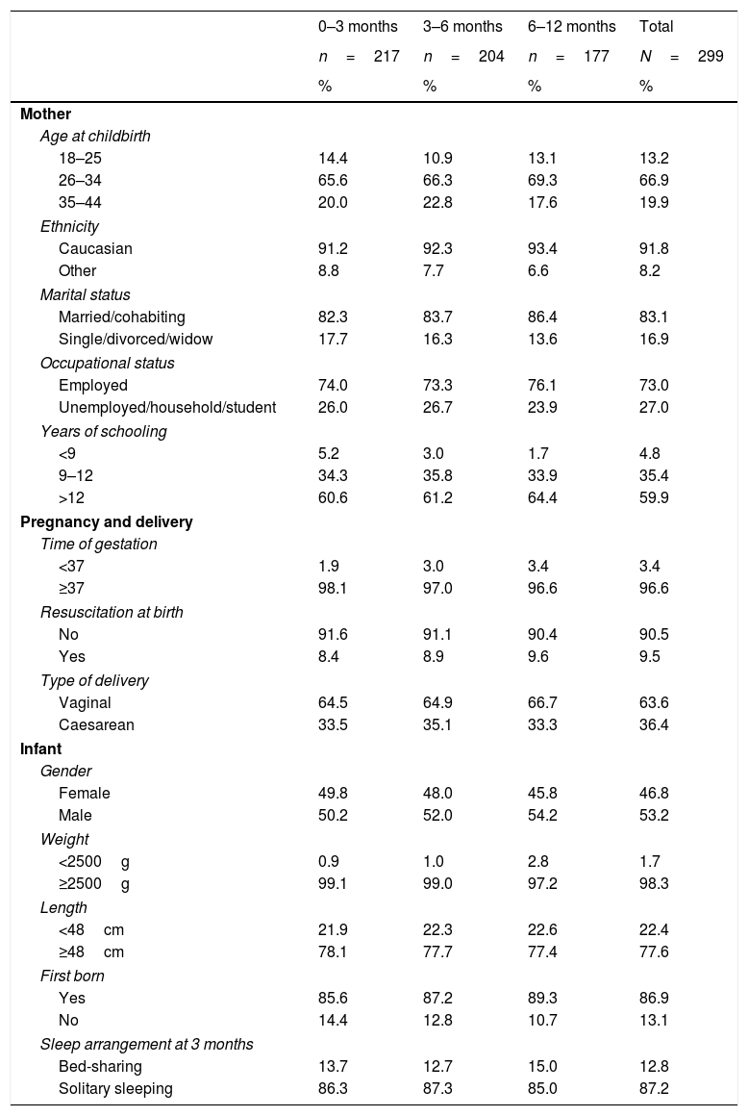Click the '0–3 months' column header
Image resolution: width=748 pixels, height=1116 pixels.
[x=358, y=26]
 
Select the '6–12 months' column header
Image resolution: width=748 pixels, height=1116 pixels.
[x=572, y=26]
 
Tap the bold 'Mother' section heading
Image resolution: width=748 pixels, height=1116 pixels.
[x=45, y=114]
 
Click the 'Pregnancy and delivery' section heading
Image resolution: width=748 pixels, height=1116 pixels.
[x=107, y=521]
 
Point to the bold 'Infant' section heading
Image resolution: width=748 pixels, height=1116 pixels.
[x=39, y=748]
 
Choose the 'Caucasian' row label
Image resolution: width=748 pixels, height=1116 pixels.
[x=95, y=248]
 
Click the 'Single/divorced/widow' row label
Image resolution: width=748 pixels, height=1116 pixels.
[x=136, y=339]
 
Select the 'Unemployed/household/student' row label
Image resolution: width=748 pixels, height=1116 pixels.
[x=166, y=407]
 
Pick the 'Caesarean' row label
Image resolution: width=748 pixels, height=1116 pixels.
[x=95, y=725]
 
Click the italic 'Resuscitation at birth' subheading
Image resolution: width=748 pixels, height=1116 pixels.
[x=112, y=612]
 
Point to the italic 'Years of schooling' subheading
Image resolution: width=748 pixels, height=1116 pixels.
[x=103, y=430]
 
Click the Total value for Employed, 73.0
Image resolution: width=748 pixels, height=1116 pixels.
[x=654, y=385]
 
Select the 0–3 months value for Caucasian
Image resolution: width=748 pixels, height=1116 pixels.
[x=333, y=248]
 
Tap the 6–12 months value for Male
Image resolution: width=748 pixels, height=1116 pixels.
[x=542, y=816]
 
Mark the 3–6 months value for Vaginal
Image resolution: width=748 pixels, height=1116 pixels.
[x=437, y=702]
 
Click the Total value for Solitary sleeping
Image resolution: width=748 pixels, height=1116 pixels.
[x=654, y=1089]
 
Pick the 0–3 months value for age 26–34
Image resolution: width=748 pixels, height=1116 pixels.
[x=333, y=181]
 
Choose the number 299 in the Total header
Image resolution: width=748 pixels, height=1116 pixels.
[x=711, y=57]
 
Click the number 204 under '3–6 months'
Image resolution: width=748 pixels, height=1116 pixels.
[x=491, y=57]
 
